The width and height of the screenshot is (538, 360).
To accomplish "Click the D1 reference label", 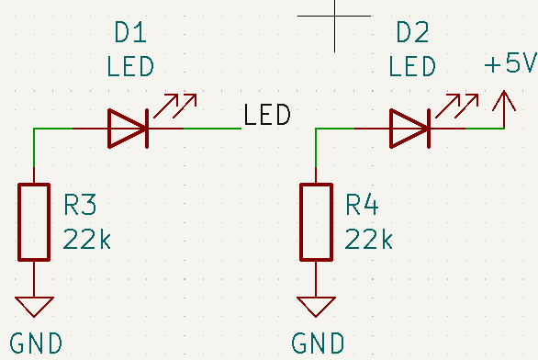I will (129, 34).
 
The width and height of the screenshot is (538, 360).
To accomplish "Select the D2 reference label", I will (412, 34).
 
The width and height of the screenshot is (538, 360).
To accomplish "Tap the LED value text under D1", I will (129, 68).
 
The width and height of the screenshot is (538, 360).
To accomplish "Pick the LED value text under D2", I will (412, 68).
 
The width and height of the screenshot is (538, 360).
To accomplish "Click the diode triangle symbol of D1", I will (128, 129).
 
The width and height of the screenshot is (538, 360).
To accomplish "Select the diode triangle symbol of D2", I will (409, 129).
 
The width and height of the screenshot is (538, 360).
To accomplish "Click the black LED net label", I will (267, 116).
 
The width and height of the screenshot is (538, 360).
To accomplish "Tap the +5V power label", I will (510, 65).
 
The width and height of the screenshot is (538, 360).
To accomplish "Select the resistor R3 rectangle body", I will (34, 221).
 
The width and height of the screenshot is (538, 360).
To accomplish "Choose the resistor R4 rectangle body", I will (316, 221).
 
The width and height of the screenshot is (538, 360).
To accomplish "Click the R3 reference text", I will (80, 204).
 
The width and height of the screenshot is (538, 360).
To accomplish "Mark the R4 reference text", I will (362, 204).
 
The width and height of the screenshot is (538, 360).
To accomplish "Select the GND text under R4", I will (319, 344).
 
